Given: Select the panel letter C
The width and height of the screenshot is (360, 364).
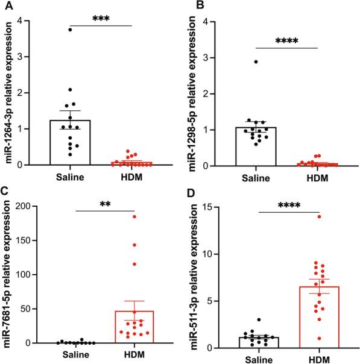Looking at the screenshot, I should pyautogui.click(x=5, y=192).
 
